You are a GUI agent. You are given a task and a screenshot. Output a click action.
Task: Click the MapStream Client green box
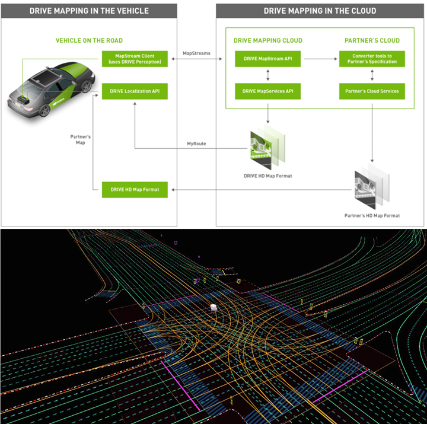pos(135,59)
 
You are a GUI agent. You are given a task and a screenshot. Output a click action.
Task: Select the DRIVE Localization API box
pos(135,91)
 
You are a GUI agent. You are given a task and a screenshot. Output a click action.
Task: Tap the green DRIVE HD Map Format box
pos(135,190)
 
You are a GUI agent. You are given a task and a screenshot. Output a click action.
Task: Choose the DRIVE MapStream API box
pos(267,59)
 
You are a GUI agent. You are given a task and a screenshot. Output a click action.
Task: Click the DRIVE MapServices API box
pos(267,91)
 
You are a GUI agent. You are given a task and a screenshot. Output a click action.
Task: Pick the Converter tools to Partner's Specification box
pos(372,59)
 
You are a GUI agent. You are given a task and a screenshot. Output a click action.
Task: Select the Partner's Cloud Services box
pos(372,91)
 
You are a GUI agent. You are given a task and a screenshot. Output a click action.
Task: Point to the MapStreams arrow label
pos(196,53)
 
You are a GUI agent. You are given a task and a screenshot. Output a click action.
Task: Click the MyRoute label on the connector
pos(196,144)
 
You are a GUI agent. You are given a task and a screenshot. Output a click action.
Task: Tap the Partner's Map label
pos(80,140)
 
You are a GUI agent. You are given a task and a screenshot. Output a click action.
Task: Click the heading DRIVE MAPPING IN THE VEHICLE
pos(89,11)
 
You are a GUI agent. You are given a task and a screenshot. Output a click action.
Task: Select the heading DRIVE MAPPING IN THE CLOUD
pos(320,11)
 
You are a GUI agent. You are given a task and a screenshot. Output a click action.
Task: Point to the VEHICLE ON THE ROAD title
pos(89,40)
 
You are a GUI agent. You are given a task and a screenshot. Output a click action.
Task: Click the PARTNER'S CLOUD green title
pos(372,40)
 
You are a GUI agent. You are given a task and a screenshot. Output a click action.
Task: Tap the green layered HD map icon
pos(267,146)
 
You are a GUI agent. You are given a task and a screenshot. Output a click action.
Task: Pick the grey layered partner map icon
pos(372,186)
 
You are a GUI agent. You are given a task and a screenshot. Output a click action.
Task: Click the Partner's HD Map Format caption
pos(372,216)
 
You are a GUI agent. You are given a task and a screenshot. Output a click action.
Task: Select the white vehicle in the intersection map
pos(213,308)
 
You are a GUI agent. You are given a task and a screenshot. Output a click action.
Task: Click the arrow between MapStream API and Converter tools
pos(320,59)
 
